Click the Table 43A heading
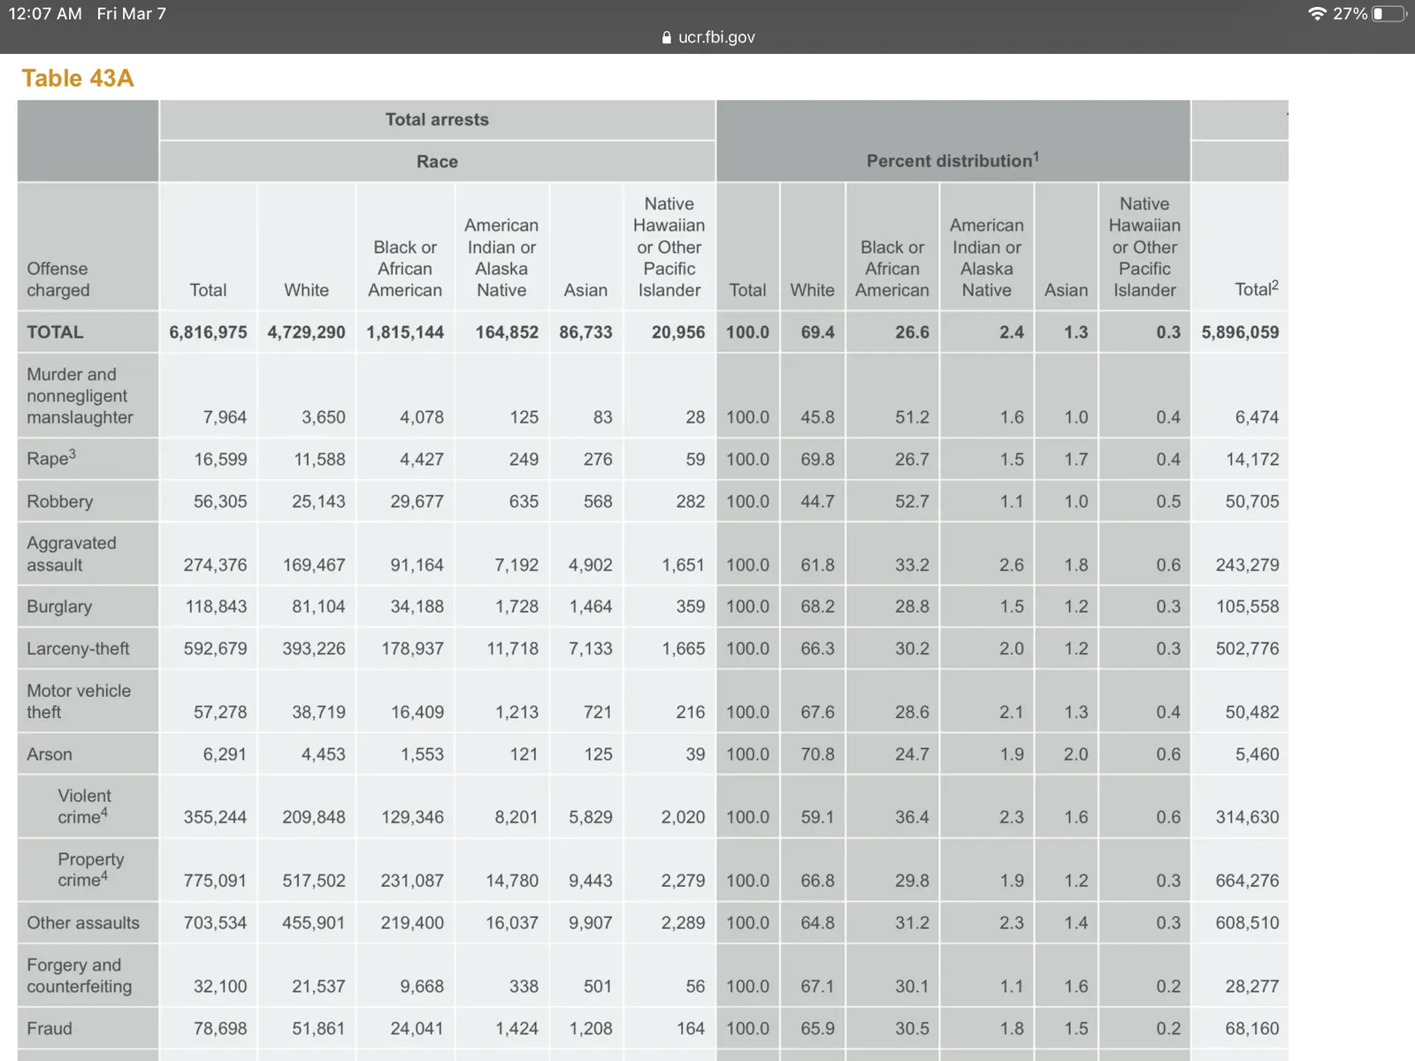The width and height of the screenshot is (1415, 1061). click(x=78, y=79)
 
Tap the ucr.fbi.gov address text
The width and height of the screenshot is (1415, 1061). click(x=715, y=37)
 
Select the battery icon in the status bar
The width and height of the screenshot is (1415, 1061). click(x=1389, y=14)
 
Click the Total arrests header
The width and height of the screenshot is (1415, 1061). click(x=437, y=119)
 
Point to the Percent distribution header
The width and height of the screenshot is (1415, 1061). click(x=952, y=161)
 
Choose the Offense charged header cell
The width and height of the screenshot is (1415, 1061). click(x=58, y=279)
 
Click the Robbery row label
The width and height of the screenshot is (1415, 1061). click(x=60, y=501)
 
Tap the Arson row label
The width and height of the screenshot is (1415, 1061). click(x=50, y=754)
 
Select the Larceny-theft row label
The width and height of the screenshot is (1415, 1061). click(x=78, y=648)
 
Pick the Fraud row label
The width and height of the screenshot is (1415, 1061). click(x=50, y=1028)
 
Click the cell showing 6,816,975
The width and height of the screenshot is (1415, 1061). click(x=209, y=332)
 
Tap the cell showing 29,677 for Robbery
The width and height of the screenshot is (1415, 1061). click(x=417, y=501)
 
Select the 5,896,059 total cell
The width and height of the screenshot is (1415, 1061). click(x=1240, y=332)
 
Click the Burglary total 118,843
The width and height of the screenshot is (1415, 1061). click(x=216, y=607)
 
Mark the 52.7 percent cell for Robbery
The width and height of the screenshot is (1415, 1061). click(x=912, y=501)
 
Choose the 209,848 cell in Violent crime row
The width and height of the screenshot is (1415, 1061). click(x=314, y=817)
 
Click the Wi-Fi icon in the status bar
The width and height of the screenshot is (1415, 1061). click(x=1317, y=14)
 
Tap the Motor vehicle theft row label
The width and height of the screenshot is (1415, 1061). click(x=79, y=701)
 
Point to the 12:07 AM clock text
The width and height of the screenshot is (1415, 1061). click(x=45, y=14)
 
